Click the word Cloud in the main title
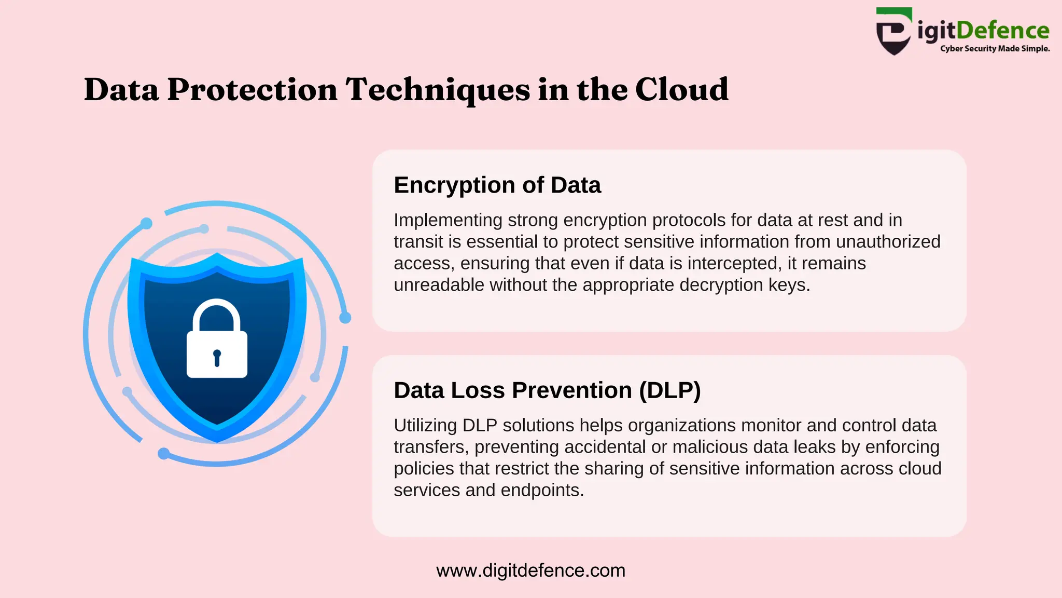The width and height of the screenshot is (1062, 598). [681, 89]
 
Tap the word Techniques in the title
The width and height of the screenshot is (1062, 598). [438, 90]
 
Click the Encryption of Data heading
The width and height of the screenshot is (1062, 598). [497, 185]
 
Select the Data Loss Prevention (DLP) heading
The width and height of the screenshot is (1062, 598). [547, 390]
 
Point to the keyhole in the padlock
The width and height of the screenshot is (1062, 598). [217, 358]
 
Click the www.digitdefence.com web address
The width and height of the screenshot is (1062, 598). [530, 570]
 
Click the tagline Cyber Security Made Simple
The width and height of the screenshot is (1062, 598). [995, 49]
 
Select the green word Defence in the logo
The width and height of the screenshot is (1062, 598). [1002, 31]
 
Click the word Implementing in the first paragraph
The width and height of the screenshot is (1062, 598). [448, 221]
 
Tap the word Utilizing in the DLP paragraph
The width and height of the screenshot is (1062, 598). [425, 426]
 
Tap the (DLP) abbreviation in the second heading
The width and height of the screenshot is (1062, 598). [669, 390]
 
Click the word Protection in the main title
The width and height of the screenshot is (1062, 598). [252, 90]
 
